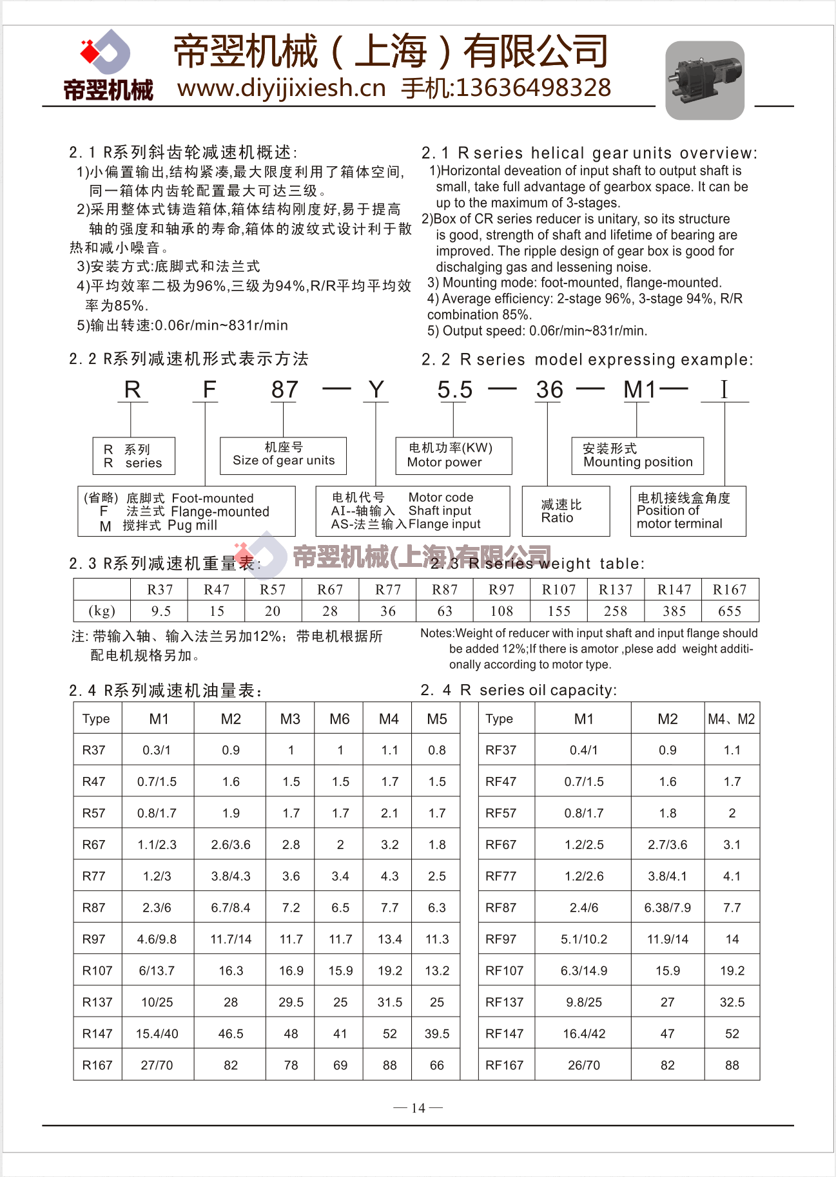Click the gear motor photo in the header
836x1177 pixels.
pos(705,80)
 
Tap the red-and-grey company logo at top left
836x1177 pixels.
pos(106,52)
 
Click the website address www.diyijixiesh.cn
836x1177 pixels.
pos(281,88)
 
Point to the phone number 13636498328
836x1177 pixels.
pos(533,88)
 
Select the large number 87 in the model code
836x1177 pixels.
pos(284,390)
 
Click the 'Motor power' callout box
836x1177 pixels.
pos(453,455)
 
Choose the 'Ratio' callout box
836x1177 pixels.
pos(565,512)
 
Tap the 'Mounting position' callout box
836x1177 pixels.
pos(637,455)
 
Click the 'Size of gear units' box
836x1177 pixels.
pos(283,455)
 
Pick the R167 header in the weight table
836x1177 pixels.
pos(730,589)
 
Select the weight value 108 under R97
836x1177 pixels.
pos(501,611)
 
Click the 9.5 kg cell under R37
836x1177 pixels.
pos(160,611)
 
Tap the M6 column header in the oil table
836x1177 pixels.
pos(340,719)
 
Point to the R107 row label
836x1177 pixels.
pos(97,971)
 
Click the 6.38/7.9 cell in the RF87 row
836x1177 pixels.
pos(668,908)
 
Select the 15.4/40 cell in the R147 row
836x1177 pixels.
pos(157,1034)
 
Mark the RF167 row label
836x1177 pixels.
pos(504,1066)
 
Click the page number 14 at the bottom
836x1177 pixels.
pos(418,1108)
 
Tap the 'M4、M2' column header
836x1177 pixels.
pos(731,719)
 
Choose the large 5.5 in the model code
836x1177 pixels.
pos(454,390)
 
